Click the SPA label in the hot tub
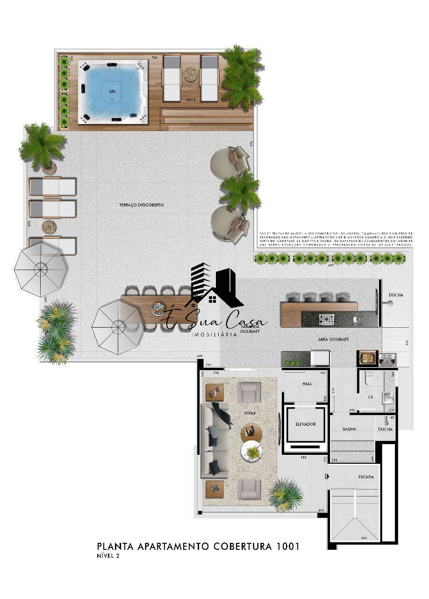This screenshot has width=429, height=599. tap(112, 92)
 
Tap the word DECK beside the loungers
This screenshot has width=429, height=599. tap(190, 100)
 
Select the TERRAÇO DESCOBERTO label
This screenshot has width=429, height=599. tap(141, 205)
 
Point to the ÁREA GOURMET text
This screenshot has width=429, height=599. tap(334, 339)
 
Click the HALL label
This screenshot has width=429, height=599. tap(307, 384)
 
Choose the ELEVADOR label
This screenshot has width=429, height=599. tap(306, 424)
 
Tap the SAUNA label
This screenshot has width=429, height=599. tap(350, 429)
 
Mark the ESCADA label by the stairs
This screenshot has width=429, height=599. tap(366, 477)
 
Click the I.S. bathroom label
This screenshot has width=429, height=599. tap(371, 397)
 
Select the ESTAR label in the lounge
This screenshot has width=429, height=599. tap(250, 414)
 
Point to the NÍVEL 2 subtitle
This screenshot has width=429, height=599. tap(108, 556)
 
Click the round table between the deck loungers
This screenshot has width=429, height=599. tap(190, 74)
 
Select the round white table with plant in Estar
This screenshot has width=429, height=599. tap(252, 453)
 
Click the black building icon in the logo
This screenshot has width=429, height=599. tap(202, 281)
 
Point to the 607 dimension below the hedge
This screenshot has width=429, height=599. tap(331, 265)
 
